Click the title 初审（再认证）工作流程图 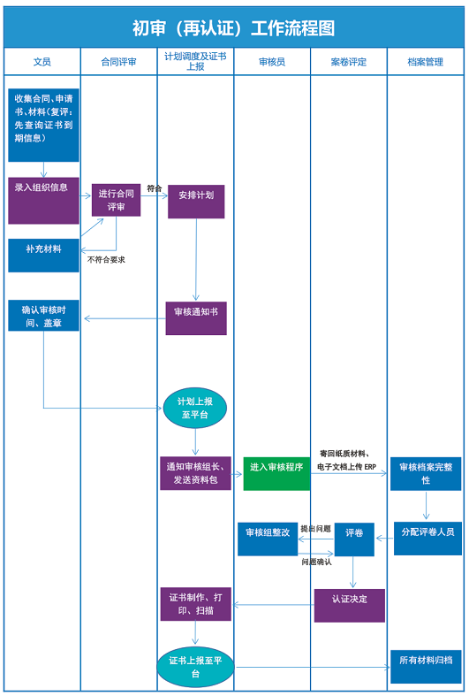click(x=233, y=28)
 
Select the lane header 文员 click(x=42, y=62)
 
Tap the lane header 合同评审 click(x=119, y=62)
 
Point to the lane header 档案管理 click(x=425, y=62)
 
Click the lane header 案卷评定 click(x=348, y=62)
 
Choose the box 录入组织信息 click(x=43, y=201)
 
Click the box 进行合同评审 click(x=116, y=200)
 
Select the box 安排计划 click(x=196, y=202)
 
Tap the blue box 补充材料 click(x=43, y=256)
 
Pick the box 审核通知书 click(x=196, y=318)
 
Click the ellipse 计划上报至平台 click(x=195, y=408)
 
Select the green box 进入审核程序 click(x=276, y=474)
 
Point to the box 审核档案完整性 click(x=426, y=474)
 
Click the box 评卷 click(x=354, y=539)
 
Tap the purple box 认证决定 click(x=349, y=606)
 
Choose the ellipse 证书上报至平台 click(x=195, y=667)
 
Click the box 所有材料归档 click(x=426, y=667)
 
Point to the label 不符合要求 click(x=106, y=260)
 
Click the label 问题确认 click(x=316, y=562)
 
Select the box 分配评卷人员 click(x=427, y=539)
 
